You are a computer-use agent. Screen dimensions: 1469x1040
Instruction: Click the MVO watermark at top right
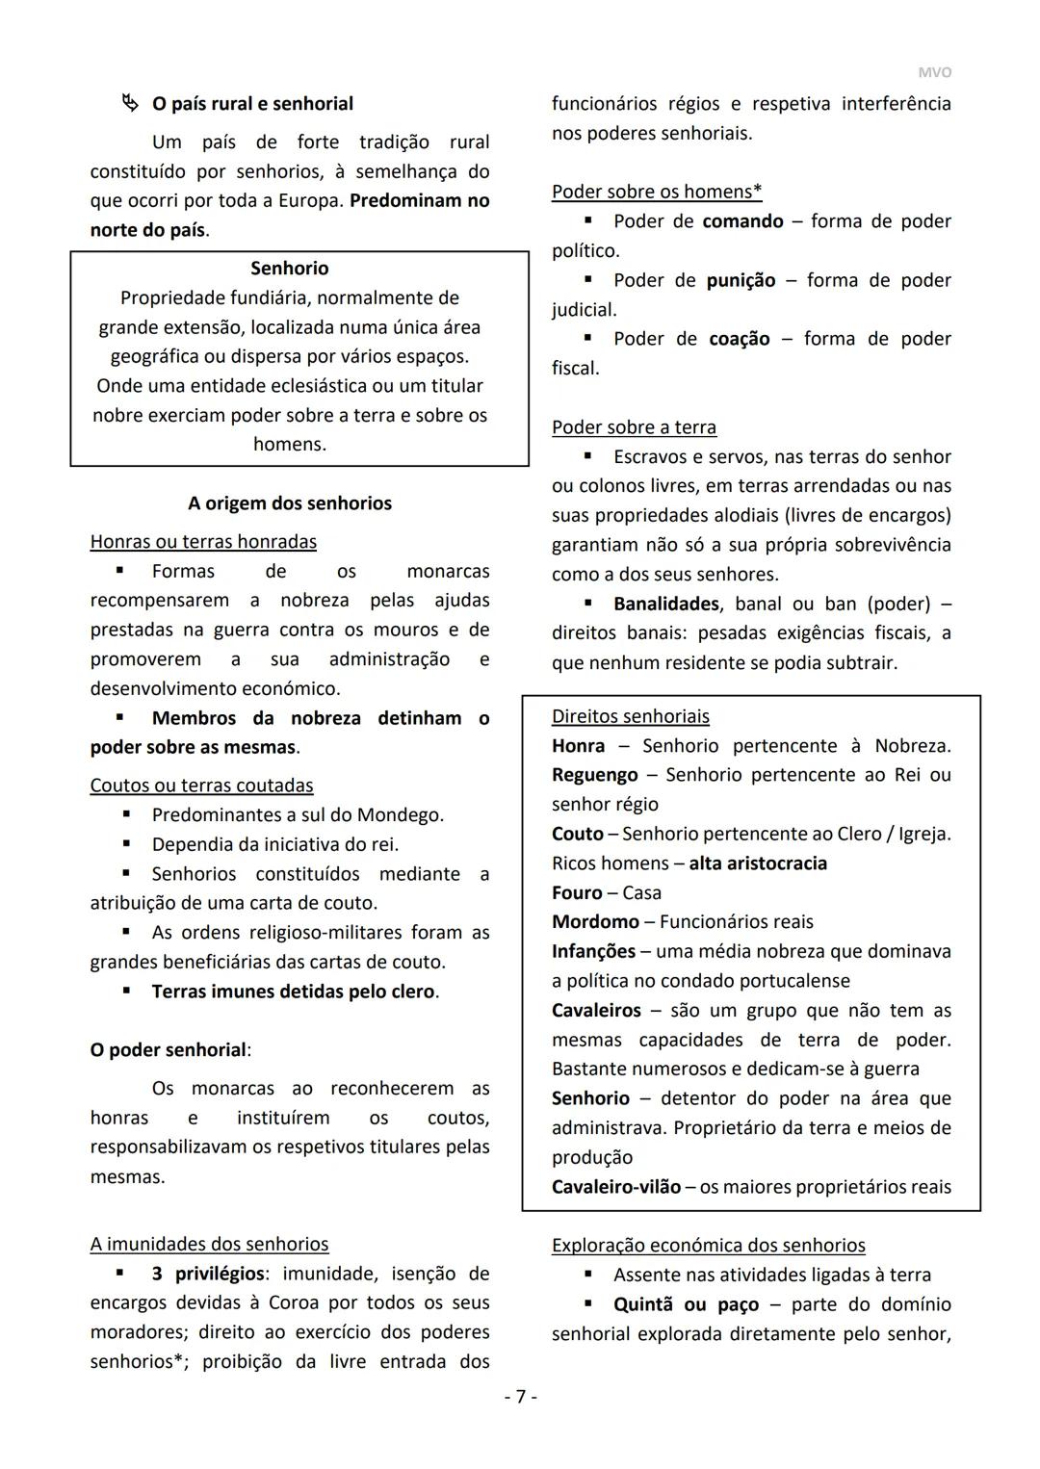(x=934, y=72)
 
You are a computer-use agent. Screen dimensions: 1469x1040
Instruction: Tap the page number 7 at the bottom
(x=520, y=1397)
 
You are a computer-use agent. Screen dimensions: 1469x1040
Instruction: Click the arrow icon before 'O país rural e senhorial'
(x=129, y=103)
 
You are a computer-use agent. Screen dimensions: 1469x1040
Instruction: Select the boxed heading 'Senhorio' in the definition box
(x=289, y=269)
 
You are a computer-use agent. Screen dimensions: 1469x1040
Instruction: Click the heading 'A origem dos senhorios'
(x=289, y=503)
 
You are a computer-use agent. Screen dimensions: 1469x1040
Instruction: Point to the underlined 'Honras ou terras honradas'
(x=203, y=542)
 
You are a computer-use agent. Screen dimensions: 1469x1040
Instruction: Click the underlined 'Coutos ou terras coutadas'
(x=201, y=786)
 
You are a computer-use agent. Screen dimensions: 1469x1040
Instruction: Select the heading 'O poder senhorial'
(x=169, y=1050)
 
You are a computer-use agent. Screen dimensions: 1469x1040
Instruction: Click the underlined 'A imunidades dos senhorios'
(x=209, y=1245)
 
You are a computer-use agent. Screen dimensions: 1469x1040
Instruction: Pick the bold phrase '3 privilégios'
(x=207, y=1274)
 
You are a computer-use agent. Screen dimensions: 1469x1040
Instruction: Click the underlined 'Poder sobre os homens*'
(x=657, y=192)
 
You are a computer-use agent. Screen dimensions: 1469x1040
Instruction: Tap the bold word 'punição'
(x=740, y=280)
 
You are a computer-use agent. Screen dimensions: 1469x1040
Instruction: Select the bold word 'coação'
(x=739, y=339)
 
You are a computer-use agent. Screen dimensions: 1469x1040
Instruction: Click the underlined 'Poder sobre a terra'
(x=634, y=427)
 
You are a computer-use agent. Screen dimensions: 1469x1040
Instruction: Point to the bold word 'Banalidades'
(x=665, y=604)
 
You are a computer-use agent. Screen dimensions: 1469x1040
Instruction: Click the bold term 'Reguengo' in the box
(x=594, y=775)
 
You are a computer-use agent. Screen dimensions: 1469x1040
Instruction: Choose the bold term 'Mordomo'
(x=595, y=922)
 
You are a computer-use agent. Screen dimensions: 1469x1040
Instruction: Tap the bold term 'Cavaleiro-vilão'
(x=615, y=1187)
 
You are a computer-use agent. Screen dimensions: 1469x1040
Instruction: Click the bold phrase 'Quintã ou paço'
(x=686, y=1304)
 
